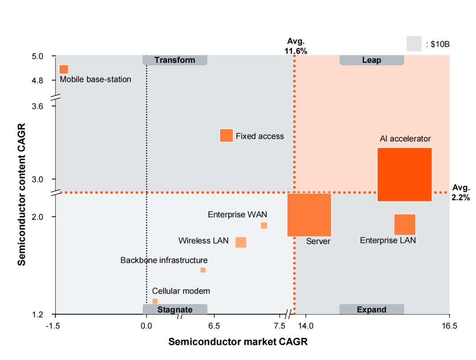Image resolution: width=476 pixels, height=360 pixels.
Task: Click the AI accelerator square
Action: pyautogui.click(x=405, y=174)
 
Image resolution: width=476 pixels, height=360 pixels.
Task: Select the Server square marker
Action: pyautogui.click(x=309, y=215)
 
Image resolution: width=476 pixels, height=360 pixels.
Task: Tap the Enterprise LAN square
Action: pyautogui.click(x=405, y=224)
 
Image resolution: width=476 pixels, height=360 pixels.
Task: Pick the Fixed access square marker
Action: pyautogui.click(x=226, y=135)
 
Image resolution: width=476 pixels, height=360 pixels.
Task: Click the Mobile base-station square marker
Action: pyautogui.click(x=64, y=69)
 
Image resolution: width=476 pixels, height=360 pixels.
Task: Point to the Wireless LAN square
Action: pyautogui.click(x=241, y=242)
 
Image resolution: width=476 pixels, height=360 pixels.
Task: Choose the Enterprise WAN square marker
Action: pyautogui.click(x=264, y=226)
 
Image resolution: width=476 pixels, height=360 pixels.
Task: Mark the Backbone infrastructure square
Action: pyautogui.click(x=203, y=270)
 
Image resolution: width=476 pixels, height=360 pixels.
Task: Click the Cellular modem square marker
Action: pyautogui.click(x=155, y=301)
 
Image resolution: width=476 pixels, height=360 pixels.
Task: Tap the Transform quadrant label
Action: pyautogui.click(x=175, y=60)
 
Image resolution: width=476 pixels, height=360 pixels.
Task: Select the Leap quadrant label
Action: pyautogui.click(x=372, y=60)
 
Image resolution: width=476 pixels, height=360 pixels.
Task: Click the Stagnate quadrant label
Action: pyautogui.click(x=175, y=309)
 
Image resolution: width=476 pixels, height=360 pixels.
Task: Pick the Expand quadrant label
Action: pyautogui.click(x=372, y=309)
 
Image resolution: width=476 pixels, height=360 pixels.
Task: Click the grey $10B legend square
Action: pyautogui.click(x=414, y=44)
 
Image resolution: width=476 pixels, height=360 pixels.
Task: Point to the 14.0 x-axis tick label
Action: pyautogui.click(x=305, y=326)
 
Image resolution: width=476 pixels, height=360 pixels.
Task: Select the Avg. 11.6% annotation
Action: pyautogui.click(x=296, y=46)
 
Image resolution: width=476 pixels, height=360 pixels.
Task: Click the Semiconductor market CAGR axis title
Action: pyautogui.click(x=238, y=342)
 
